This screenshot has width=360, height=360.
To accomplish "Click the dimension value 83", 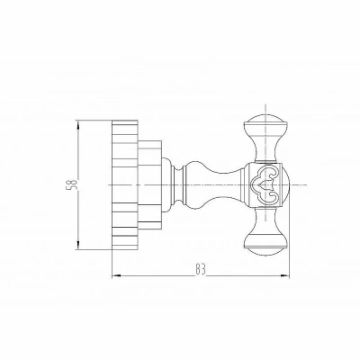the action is [x=201, y=269].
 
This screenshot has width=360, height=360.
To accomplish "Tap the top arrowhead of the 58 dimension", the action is [x=78, y=124].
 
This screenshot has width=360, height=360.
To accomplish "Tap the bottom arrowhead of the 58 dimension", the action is [x=78, y=245].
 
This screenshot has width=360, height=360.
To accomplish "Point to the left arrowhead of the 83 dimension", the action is [x=116, y=275].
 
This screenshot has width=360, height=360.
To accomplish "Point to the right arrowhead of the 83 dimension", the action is [x=285, y=275].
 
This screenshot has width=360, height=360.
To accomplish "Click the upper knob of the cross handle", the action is [x=265, y=123].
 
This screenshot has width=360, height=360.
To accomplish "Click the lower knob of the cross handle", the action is [x=265, y=246].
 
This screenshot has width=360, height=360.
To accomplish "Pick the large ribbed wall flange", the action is [x=125, y=184].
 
